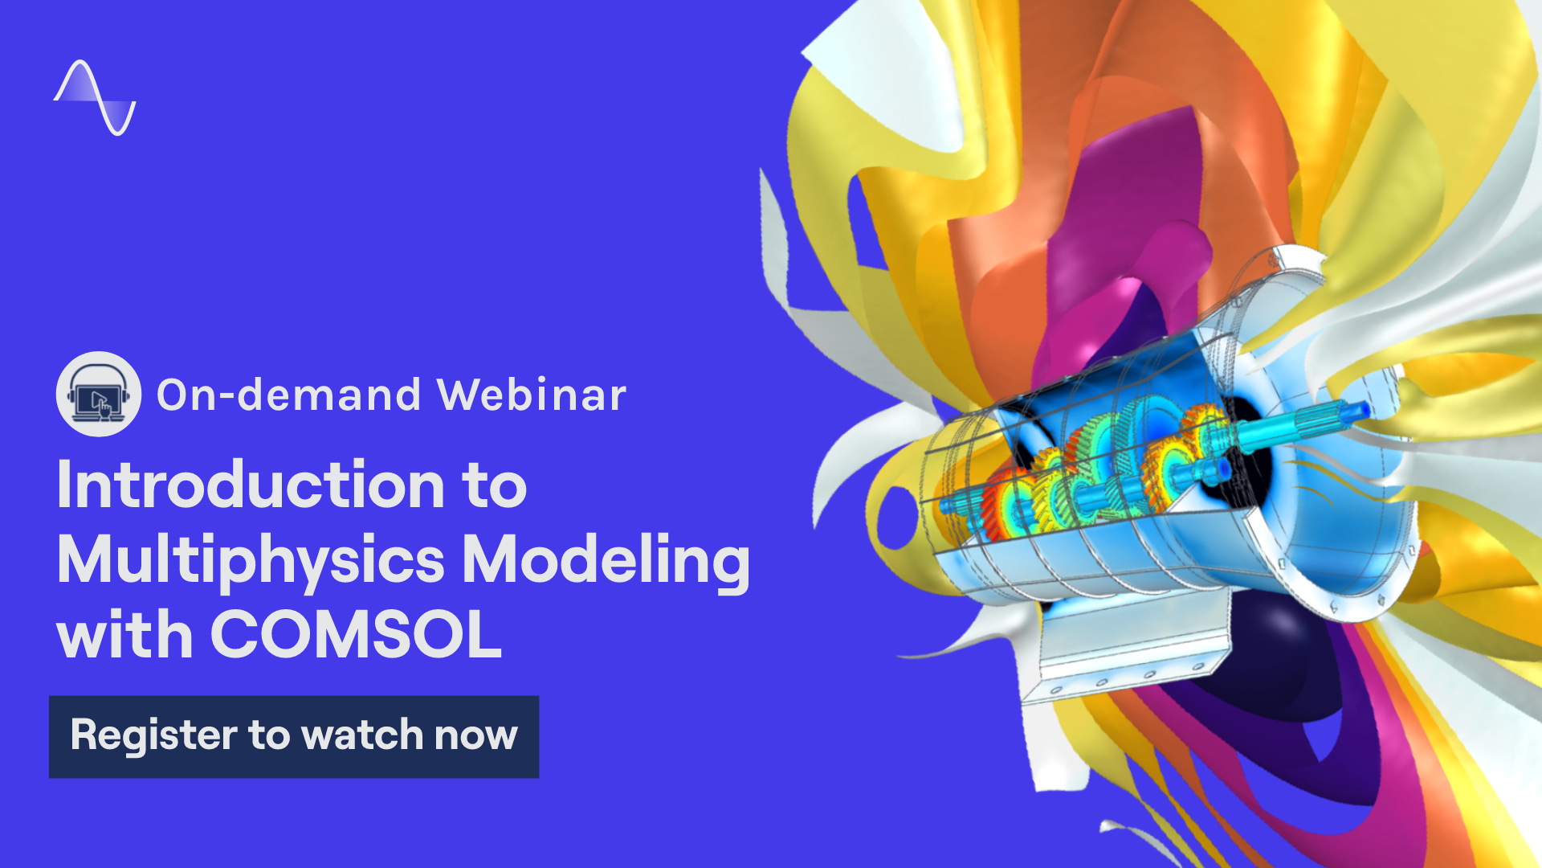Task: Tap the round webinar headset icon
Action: (99, 394)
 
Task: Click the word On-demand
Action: (289, 395)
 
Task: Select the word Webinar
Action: (531, 395)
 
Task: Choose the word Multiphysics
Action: (251, 561)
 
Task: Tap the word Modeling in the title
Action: (606, 561)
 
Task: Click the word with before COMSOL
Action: (125, 634)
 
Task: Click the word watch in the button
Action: (364, 735)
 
